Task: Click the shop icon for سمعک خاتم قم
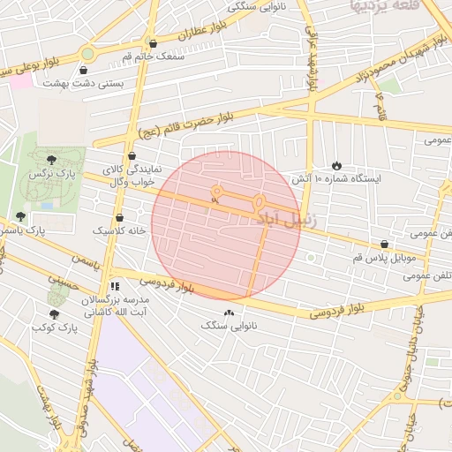pos(153,43)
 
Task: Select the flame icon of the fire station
pos(336,165)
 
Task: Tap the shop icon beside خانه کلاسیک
pos(119,218)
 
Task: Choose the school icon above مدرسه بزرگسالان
pos(115,286)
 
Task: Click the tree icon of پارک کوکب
pos(54,314)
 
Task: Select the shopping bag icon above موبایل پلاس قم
pos(384,245)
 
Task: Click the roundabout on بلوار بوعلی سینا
pos(87,54)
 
